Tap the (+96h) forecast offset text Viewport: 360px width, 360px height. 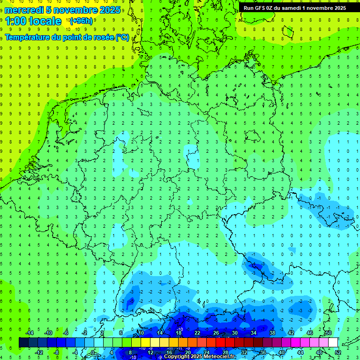81,21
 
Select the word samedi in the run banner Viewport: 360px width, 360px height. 292,8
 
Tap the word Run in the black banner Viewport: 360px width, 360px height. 248,8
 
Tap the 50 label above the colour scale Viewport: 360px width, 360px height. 329,333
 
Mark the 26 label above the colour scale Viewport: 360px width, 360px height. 216,333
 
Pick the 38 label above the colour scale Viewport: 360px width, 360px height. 272,333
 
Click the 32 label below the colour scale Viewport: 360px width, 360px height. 244,352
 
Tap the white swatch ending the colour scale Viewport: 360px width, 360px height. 333,343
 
